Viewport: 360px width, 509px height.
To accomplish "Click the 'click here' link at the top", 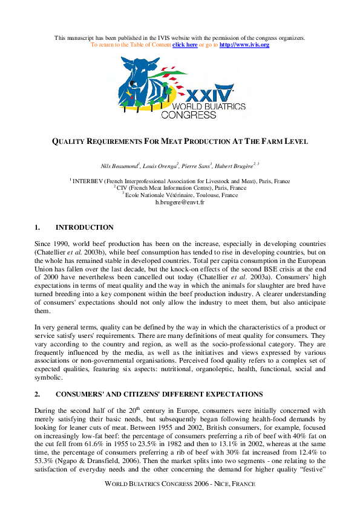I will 185,45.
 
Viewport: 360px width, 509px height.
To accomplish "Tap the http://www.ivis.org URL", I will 244,45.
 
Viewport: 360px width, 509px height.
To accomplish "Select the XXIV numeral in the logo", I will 208,96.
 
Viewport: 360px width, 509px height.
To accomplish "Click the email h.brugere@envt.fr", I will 180,203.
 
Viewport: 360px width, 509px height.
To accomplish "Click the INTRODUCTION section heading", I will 84,228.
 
